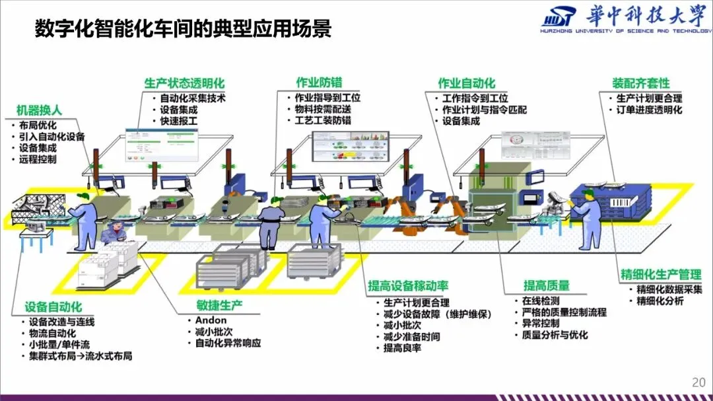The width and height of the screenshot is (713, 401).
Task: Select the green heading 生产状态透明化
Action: click(184, 84)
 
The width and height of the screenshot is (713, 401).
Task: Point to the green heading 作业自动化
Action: click(467, 83)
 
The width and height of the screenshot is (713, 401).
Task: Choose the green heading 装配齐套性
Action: click(640, 83)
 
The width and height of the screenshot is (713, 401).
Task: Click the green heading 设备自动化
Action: click(53, 307)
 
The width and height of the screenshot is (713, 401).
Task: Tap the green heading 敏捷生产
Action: click(219, 305)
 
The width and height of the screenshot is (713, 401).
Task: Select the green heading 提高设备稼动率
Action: click(408, 285)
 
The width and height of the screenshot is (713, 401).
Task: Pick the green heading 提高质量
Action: click(546, 285)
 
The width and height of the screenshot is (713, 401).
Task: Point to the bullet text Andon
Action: click(211, 320)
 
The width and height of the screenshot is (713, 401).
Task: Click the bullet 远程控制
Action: click(38, 160)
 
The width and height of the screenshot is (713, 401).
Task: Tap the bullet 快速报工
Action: click(178, 122)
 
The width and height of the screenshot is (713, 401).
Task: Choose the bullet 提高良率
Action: click(402, 347)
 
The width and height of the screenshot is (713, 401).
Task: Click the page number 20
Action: click(698, 383)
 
